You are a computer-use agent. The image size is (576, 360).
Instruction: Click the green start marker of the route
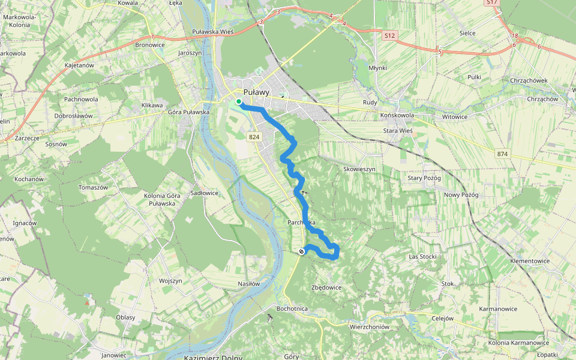(x=239, y=101)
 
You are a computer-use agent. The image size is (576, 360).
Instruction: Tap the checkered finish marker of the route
(x=301, y=251)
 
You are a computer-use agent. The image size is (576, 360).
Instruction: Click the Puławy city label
(x=256, y=92)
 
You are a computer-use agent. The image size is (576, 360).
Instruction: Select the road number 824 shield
(x=254, y=137)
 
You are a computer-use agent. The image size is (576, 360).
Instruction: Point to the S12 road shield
(x=390, y=36)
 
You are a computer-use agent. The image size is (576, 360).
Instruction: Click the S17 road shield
(x=492, y=2)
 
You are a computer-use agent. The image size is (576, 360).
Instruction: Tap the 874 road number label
(x=502, y=154)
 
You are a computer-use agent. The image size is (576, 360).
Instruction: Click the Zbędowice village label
(x=326, y=287)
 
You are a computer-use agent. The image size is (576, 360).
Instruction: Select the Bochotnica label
(x=292, y=308)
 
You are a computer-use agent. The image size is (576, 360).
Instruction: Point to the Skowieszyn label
(x=359, y=169)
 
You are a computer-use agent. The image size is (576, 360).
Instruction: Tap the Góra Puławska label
(x=188, y=112)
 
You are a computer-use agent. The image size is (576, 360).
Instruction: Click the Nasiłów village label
(x=249, y=284)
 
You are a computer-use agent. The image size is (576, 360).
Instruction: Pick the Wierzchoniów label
(x=370, y=327)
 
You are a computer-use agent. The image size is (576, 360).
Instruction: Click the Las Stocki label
(x=422, y=256)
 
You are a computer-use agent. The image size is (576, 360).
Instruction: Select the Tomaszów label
(x=93, y=187)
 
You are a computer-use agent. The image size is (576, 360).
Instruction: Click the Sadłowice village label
(x=205, y=193)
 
